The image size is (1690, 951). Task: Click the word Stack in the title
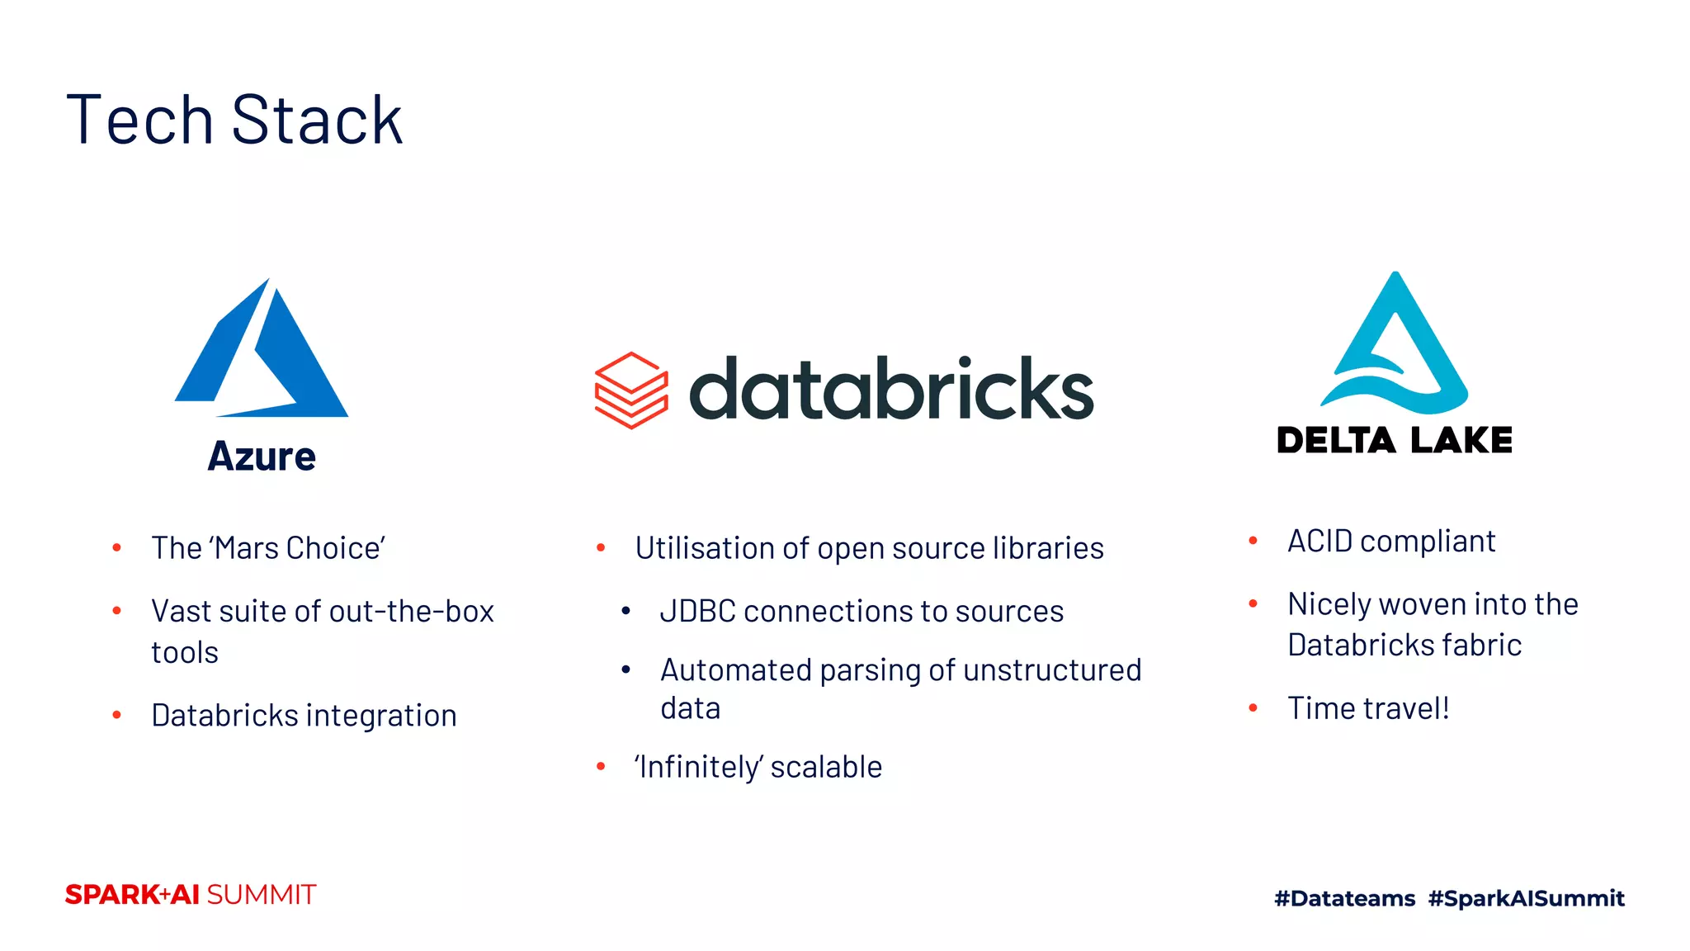(x=317, y=121)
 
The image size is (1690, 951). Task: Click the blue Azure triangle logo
(x=272, y=355)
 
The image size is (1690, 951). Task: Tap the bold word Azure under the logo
(x=262, y=457)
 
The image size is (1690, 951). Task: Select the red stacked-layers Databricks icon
(x=631, y=390)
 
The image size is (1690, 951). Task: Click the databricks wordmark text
(x=891, y=390)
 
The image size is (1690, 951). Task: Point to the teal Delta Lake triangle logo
(x=1395, y=347)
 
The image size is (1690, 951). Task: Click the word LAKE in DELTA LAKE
(x=1461, y=441)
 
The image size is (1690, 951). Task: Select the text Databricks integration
(x=304, y=716)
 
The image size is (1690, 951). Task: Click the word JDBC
(x=697, y=612)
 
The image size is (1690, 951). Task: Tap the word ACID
(x=1320, y=542)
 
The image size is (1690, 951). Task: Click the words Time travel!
(x=1368, y=708)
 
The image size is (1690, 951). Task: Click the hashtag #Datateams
(x=1344, y=898)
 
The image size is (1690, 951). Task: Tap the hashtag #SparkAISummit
(x=1526, y=898)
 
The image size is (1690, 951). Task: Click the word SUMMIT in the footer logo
(x=261, y=895)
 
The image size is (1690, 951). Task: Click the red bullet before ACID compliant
(x=1253, y=542)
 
